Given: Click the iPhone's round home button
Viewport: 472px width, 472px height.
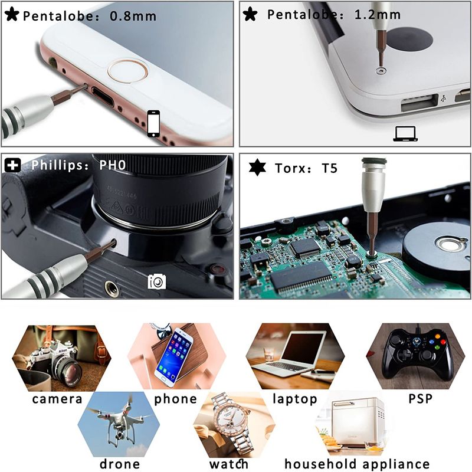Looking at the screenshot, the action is [x=128, y=71].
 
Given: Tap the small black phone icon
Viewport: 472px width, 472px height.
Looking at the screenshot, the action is [x=153, y=124].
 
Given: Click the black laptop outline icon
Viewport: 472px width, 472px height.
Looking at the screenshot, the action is [x=405, y=134].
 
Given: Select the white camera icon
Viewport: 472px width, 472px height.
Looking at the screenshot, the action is [x=157, y=281].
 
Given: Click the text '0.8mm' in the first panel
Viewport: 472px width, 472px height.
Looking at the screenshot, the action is [x=133, y=17].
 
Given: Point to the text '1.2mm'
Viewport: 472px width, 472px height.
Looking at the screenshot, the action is [x=378, y=14].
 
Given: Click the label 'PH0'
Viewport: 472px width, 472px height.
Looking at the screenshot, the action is [x=113, y=165].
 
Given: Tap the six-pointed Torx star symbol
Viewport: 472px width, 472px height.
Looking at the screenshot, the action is [x=257, y=168].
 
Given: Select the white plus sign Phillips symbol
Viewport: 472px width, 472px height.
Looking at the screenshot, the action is [x=12, y=165].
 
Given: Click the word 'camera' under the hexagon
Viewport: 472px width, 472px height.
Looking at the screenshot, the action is [x=57, y=399].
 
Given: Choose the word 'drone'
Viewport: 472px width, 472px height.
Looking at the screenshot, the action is [x=120, y=464].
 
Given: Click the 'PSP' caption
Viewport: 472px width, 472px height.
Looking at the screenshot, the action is [x=421, y=399].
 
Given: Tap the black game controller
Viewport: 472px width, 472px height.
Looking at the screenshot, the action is [x=417, y=355].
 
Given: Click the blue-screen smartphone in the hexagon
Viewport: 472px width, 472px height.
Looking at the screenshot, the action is [x=173, y=357].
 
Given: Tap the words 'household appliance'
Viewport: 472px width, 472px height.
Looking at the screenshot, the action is [x=357, y=464].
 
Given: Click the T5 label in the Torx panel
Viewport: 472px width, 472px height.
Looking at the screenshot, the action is [x=330, y=168].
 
